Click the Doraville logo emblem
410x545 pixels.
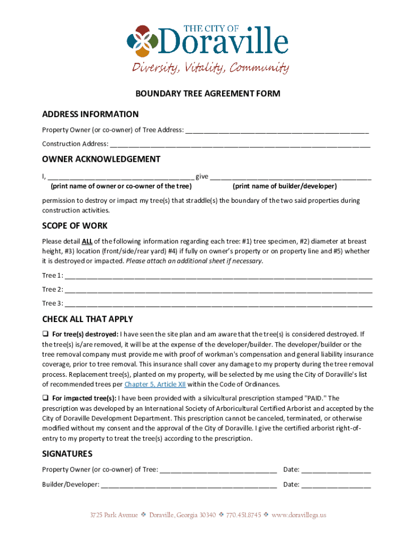[142, 41]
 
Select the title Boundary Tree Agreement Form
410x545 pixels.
[207, 94]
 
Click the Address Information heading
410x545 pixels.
[91, 114]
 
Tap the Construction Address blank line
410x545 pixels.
[240, 144]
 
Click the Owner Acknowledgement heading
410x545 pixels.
[101, 159]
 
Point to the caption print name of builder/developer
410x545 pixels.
[284, 186]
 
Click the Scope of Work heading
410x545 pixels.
[75, 226]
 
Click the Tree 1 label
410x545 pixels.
[52, 276]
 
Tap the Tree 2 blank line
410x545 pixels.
[218, 290]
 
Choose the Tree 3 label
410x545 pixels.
[52, 303]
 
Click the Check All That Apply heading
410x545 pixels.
[87, 319]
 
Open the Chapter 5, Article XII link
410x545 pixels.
[154, 384]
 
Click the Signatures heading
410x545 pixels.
[67, 454]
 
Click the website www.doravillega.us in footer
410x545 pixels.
[298, 515]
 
